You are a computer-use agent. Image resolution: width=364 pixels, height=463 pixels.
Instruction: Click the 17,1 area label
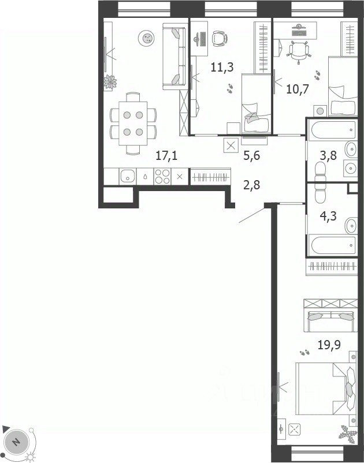click(166, 155)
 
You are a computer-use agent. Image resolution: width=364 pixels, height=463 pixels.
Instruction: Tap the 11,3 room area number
click(222, 68)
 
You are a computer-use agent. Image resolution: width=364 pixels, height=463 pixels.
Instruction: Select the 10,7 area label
click(298, 88)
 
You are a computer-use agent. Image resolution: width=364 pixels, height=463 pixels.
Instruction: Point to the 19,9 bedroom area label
click(329, 345)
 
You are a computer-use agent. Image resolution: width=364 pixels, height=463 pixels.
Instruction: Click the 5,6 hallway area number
click(252, 155)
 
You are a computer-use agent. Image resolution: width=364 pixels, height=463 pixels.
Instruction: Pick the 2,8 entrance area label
click(252, 185)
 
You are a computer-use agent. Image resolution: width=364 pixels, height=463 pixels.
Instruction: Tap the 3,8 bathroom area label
click(328, 155)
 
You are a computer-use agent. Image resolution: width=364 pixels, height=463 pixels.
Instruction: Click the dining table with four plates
click(133, 123)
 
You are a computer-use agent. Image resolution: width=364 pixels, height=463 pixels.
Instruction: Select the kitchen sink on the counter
click(128, 176)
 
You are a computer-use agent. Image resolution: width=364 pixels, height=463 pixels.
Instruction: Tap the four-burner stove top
click(162, 176)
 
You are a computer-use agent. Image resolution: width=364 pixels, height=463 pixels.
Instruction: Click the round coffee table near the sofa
click(146, 38)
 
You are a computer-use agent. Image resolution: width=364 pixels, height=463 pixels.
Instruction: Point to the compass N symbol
click(16, 442)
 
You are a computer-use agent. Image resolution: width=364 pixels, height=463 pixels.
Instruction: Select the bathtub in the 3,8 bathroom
click(332, 130)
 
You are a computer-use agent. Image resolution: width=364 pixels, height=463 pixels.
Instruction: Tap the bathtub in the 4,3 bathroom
click(332, 245)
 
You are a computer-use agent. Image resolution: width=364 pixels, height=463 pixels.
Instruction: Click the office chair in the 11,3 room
click(220, 38)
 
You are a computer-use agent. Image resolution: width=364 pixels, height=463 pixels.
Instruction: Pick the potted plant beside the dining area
click(110, 82)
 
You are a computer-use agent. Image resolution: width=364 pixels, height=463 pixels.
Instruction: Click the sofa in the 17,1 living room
click(174, 57)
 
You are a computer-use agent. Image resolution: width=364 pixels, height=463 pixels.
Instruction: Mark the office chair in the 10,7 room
click(299, 53)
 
